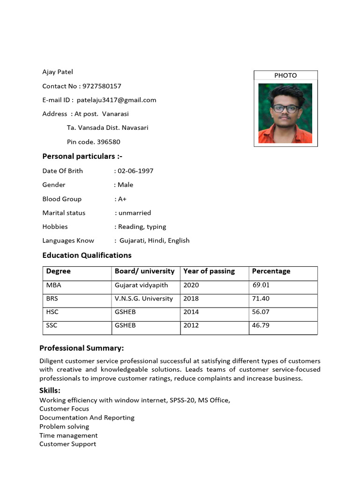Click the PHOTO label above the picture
tap(285, 75)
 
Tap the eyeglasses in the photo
tap(285, 109)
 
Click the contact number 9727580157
tap(102, 86)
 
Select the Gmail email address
tap(116, 100)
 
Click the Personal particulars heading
tap(82, 156)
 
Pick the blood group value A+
tap(122, 199)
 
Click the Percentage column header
tap(271, 271)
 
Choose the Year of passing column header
tap(209, 271)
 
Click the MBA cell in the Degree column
tap(54, 285)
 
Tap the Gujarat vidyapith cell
tap(141, 285)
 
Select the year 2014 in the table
tap(191, 312)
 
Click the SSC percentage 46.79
tap(261, 325)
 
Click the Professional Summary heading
tap(82, 348)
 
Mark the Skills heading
tap(50, 390)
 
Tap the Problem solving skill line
tap(64, 427)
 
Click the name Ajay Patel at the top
tap(58, 72)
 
